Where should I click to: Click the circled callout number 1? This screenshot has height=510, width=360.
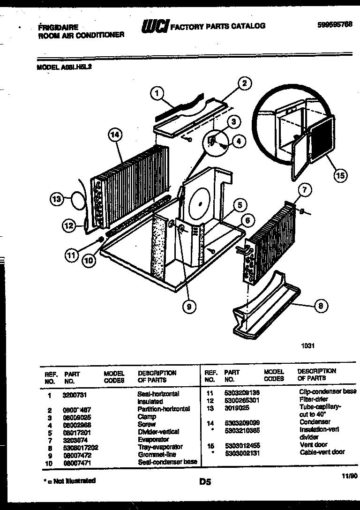[x=157, y=94]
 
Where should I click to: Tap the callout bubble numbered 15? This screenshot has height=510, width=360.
[x=341, y=176]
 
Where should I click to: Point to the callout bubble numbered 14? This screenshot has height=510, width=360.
[x=115, y=135]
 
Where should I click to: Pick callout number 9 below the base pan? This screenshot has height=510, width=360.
[x=188, y=307]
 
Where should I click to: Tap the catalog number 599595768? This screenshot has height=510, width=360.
[x=334, y=25]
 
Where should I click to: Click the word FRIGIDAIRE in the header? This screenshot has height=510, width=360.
[x=58, y=28]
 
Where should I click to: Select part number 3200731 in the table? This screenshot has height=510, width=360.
[x=73, y=394]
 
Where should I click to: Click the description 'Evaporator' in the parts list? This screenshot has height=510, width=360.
[x=153, y=440]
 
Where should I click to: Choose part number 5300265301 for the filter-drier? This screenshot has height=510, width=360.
[x=242, y=400]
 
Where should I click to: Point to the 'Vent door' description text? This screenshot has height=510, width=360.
[x=314, y=444]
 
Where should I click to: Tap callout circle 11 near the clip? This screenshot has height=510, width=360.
[x=71, y=255]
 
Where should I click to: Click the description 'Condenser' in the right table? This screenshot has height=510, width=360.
[x=315, y=422]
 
